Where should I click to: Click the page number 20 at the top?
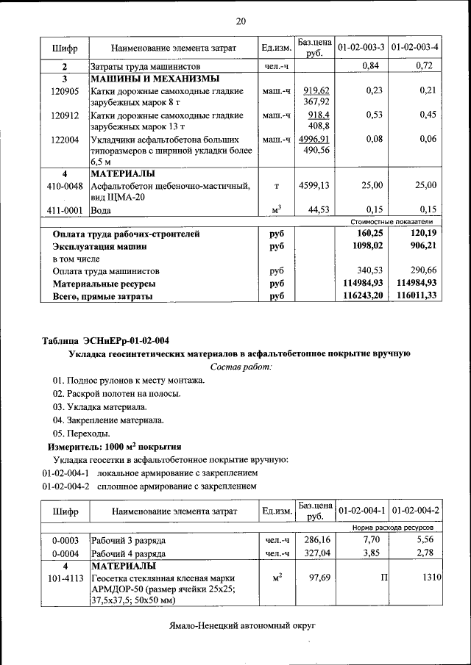[x=240, y=21]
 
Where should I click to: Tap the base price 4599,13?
[x=314, y=185]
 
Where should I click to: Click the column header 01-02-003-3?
[x=361, y=48]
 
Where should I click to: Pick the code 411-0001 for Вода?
[x=65, y=210]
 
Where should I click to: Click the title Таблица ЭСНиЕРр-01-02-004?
[x=105, y=340]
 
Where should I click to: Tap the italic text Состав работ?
[x=241, y=366]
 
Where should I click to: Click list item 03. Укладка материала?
[x=99, y=406]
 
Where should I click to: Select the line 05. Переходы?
[x=81, y=433]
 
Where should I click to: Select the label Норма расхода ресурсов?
[x=392, y=528]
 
